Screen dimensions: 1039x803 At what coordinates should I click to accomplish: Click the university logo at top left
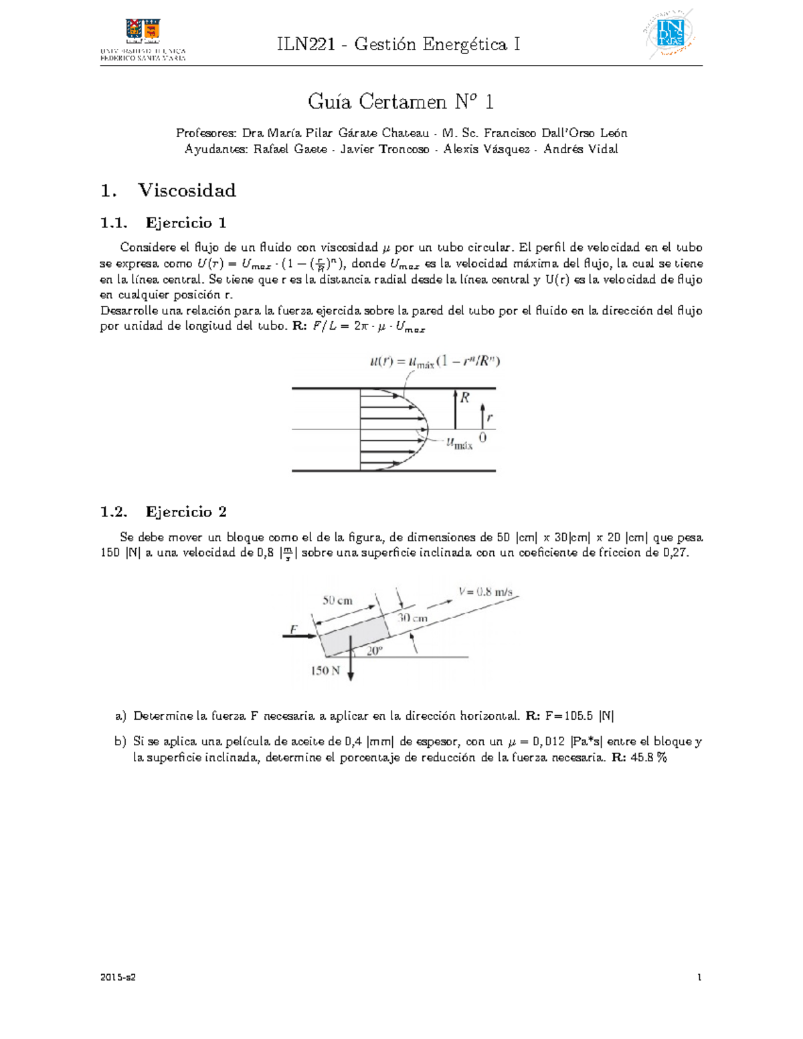tap(143, 40)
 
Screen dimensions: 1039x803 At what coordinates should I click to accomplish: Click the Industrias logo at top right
tap(671, 34)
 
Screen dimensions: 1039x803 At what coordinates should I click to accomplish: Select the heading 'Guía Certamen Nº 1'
tap(401, 102)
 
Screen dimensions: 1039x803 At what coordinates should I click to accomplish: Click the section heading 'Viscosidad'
tap(187, 191)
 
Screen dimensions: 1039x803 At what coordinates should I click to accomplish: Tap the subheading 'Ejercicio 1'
tap(185, 223)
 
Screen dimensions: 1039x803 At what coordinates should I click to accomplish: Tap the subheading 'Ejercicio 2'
tap(185, 512)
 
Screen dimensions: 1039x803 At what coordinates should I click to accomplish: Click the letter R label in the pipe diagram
tap(465, 397)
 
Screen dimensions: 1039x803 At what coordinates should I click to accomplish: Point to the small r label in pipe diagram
tap(490, 417)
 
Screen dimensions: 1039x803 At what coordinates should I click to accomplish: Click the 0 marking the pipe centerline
tap(483, 438)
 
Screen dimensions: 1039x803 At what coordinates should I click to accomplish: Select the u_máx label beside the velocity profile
tap(459, 444)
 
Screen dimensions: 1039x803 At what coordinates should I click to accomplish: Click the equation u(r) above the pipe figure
tap(434, 362)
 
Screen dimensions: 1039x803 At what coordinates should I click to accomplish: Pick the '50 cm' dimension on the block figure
tap(337, 600)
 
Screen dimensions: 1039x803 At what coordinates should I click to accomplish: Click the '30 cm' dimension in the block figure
tap(412, 618)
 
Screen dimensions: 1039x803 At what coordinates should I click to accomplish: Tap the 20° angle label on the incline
tap(375, 650)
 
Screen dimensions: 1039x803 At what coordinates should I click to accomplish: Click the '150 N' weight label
tap(325, 670)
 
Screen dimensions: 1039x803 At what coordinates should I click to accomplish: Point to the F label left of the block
tap(292, 629)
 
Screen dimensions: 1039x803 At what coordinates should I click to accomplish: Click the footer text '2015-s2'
tap(118, 977)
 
